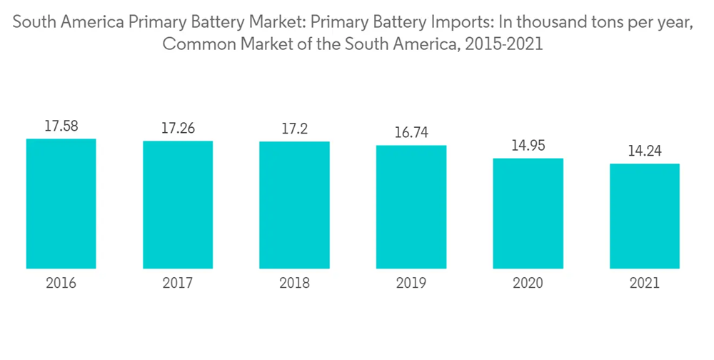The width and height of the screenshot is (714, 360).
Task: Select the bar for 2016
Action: [x=61, y=204]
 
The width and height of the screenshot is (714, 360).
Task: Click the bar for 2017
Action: [x=178, y=205]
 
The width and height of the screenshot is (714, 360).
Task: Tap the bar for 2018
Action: [x=294, y=205]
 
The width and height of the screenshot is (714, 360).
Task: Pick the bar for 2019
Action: [x=411, y=207]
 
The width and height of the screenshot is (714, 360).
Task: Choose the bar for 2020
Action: [x=528, y=214]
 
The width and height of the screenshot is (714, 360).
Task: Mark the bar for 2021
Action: [x=644, y=216]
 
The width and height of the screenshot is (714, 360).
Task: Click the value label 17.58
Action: [x=61, y=126]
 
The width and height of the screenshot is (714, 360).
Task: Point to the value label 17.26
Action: [x=178, y=129]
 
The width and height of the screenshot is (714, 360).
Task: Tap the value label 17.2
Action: [x=294, y=129]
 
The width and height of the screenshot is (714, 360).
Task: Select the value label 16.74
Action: [x=411, y=133]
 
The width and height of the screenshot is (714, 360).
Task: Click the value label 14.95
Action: [x=528, y=146]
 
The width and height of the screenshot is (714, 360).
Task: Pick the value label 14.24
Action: [x=644, y=151]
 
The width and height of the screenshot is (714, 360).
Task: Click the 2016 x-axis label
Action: [x=61, y=284]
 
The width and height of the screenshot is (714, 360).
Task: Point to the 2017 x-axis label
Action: [x=178, y=284]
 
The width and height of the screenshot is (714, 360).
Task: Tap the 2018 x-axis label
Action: [x=294, y=284]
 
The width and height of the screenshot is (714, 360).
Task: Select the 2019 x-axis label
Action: [x=411, y=284]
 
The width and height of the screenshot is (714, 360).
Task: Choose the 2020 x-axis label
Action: [x=528, y=284]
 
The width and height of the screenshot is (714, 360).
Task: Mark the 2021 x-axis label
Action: [x=644, y=284]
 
